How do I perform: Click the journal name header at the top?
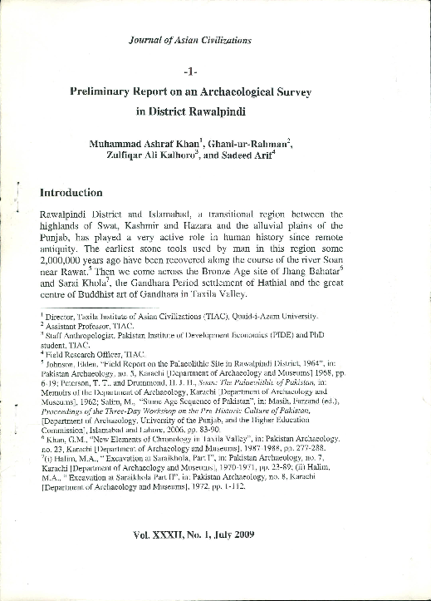pos(190,39)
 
